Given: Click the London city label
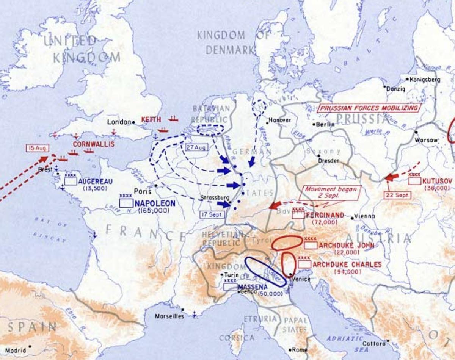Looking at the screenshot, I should point(119,122).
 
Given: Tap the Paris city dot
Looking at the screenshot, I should point(156,185).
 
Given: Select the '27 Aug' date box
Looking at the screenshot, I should point(196,147).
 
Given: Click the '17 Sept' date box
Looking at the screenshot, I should point(212,214).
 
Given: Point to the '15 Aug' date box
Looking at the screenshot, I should point(37,148).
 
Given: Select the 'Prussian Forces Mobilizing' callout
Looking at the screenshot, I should point(370,108).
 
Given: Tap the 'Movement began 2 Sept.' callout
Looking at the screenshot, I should point(329,193).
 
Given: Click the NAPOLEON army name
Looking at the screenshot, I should point(155,203).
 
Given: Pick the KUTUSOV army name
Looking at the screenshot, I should point(438,181).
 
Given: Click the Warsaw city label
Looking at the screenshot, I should point(427,140).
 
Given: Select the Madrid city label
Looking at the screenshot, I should point(16,351).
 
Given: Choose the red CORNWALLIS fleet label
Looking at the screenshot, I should point(88,144).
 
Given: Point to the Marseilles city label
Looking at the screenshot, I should point(169,316).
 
